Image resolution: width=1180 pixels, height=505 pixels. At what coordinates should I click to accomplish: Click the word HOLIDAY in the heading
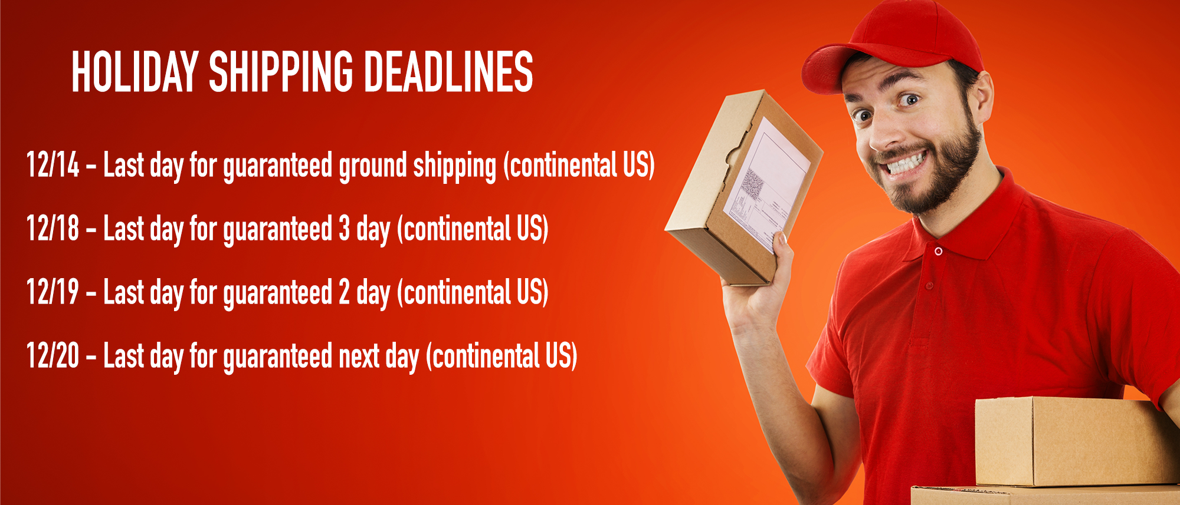135,71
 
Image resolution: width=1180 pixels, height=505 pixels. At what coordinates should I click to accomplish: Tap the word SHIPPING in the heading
281,71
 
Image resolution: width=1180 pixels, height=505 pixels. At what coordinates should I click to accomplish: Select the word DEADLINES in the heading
448,71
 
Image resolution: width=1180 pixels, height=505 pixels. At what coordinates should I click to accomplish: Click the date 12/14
53,164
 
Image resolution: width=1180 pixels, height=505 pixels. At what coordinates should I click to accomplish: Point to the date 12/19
53,292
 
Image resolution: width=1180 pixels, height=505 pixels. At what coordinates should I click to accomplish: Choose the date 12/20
53,355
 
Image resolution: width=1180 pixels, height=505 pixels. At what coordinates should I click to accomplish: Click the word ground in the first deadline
373,167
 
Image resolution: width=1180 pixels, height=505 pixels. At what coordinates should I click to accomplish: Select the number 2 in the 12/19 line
345,292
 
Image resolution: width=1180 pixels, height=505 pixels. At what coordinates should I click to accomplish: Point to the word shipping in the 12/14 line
455,167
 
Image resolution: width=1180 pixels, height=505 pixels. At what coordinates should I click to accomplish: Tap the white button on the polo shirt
938,252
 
